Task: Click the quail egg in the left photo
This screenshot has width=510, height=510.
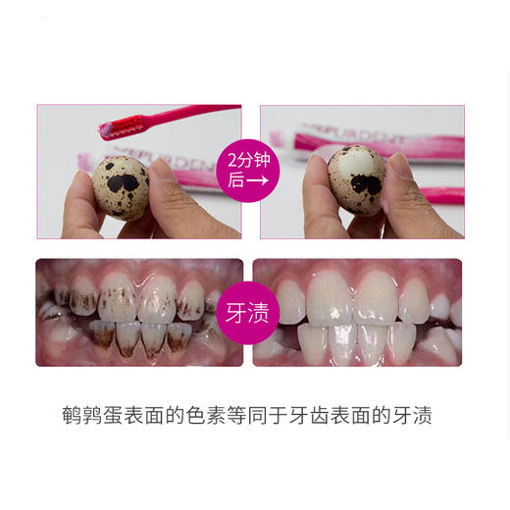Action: click(x=121, y=186)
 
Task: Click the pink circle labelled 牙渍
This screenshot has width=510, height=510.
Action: click(x=248, y=314)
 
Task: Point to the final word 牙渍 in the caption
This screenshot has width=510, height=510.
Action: click(x=413, y=415)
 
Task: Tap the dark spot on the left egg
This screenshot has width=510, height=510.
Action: click(x=125, y=183)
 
